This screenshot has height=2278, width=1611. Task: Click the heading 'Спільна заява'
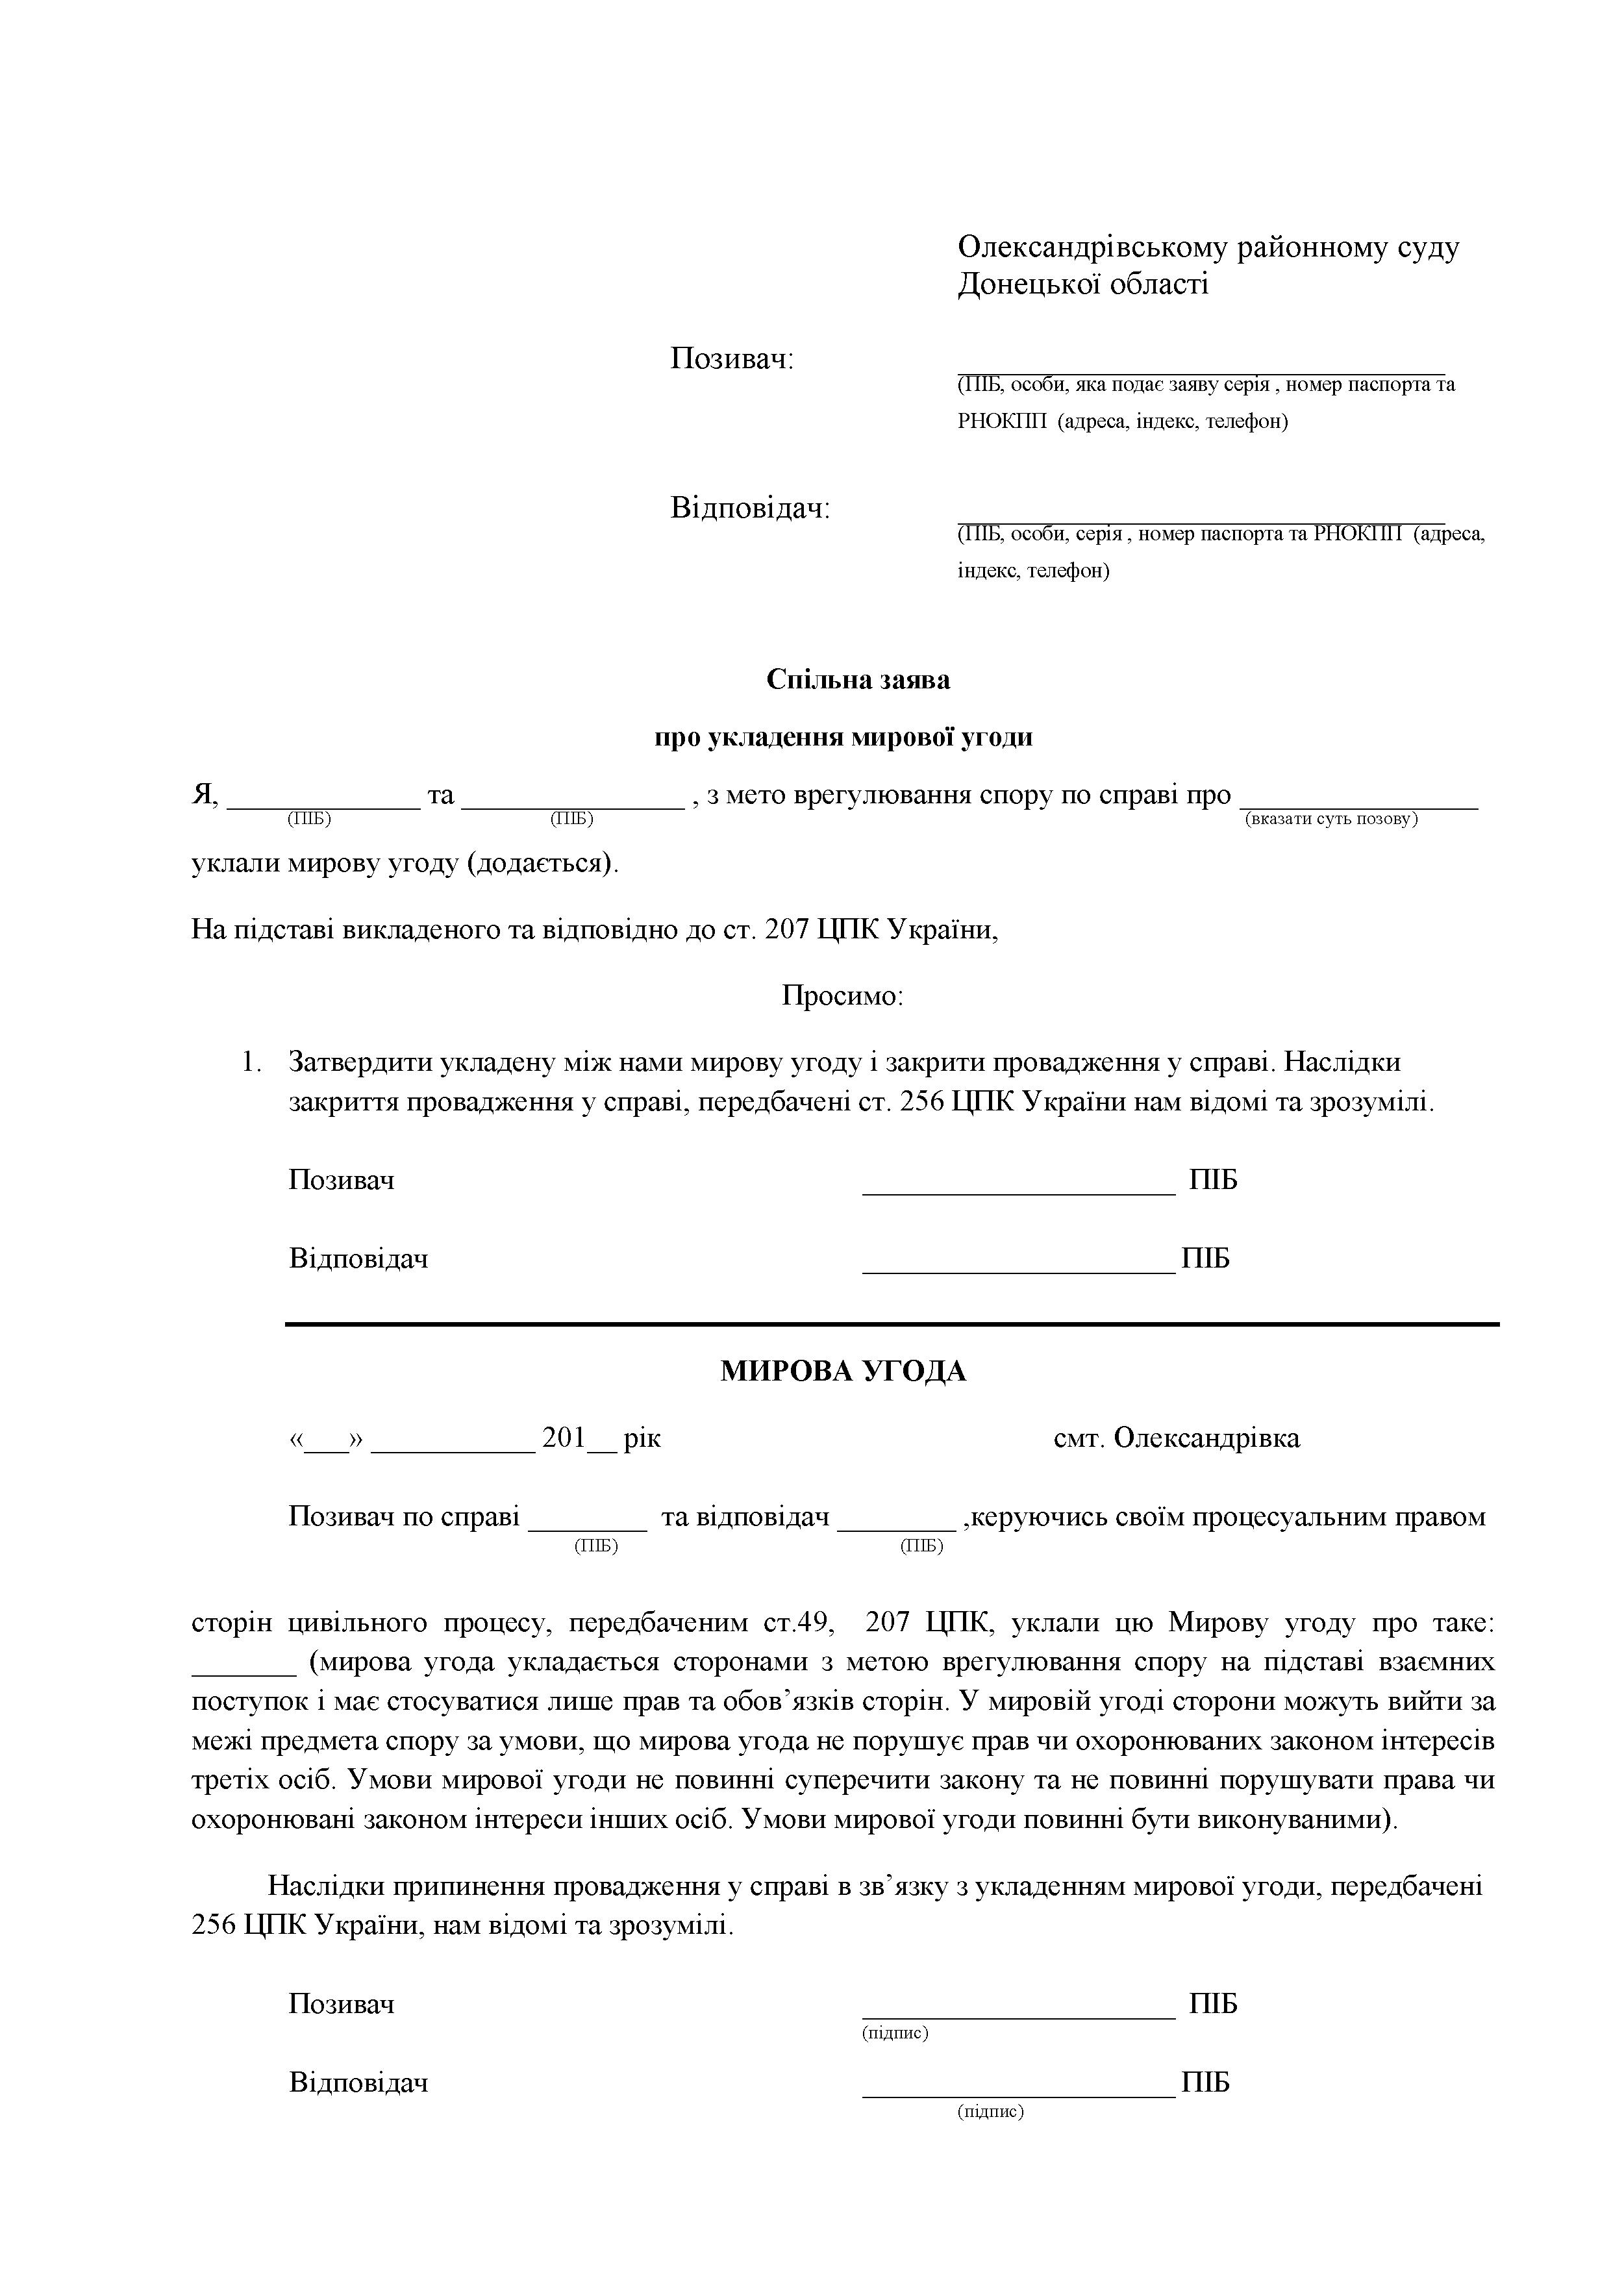coord(858,680)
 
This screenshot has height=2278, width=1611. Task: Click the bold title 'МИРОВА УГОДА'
coord(842,1371)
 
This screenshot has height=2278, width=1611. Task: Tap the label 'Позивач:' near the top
coord(732,358)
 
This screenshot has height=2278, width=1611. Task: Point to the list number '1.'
coord(251,1062)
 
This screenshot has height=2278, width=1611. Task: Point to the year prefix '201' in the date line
coord(564,1438)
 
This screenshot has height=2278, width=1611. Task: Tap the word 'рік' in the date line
coord(642,1438)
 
